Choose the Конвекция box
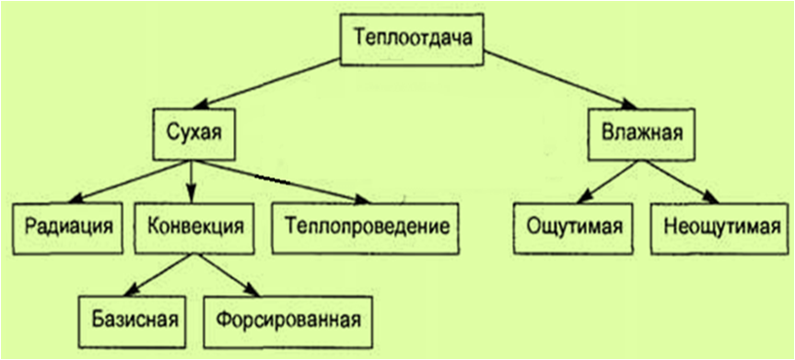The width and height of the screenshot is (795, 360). coord(195,226)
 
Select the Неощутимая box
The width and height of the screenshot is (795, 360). coord(720,226)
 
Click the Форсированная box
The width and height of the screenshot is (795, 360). coord(289,319)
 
